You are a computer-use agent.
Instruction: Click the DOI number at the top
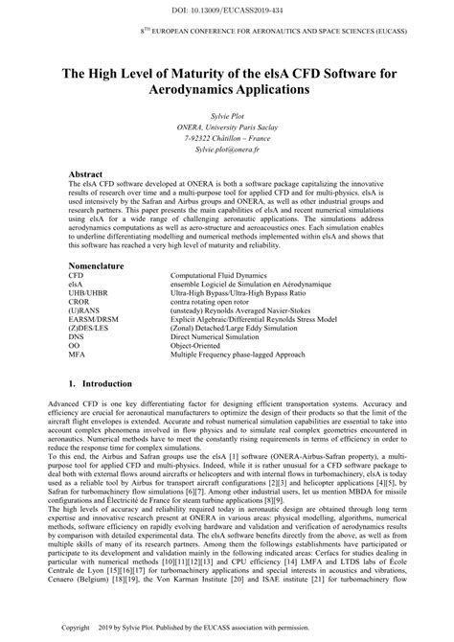click(x=226, y=9)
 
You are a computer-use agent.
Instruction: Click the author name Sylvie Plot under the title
click(x=226, y=114)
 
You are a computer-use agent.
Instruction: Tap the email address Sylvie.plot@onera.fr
click(x=226, y=151)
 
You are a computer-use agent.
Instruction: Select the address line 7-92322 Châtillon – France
click(x=226, y=139)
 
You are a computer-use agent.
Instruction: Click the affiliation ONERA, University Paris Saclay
click(x=226, y=126)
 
